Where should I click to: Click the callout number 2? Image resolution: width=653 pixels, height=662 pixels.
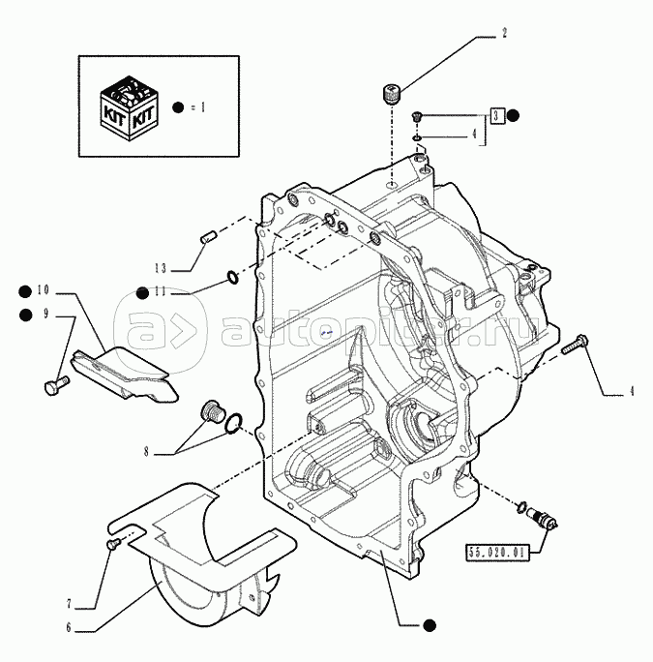(504, 34)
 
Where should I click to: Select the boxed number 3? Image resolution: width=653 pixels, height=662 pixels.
(495, 115)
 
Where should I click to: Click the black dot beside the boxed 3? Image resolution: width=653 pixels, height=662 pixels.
(514, 115)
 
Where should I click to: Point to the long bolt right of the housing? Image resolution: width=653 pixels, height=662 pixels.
(580, 343)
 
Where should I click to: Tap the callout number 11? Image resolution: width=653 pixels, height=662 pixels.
(162, 292)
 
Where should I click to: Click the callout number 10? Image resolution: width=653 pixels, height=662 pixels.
(43, 289)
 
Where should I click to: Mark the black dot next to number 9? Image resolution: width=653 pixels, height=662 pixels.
(24, 313)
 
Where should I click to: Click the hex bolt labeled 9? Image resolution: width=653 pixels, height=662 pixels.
(55, 386)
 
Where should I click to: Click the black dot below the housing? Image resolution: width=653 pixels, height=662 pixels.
(427, 626)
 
